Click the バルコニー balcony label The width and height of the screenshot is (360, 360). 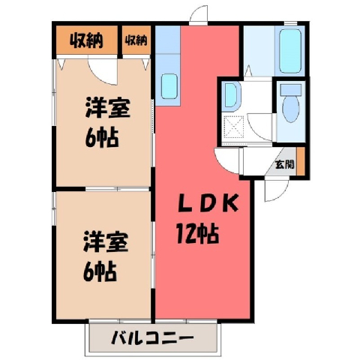click(152, 338)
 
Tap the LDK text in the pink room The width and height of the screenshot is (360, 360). click(208, 203)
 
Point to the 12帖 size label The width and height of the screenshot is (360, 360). click(197, 234)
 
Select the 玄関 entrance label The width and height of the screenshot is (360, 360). click(284, 164)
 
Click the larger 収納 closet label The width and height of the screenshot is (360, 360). click(86, 40)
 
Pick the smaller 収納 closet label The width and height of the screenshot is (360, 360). click(136, 40)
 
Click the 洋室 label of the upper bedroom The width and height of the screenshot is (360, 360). click(107, 108)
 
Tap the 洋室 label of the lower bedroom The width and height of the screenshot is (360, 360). click(106, 242)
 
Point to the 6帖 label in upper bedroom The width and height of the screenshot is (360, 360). click(101, 138)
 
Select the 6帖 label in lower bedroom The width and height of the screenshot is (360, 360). click(100, 272)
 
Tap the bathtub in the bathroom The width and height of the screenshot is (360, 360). click(290, 51)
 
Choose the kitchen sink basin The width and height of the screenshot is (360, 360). click(169, 86)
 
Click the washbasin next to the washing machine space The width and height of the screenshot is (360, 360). click(231, 95)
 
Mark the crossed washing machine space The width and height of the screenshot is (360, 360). click(233, 127)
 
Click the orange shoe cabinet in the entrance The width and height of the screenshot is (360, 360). click(301, 161)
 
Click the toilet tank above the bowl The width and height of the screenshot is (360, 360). click(291, 90)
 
